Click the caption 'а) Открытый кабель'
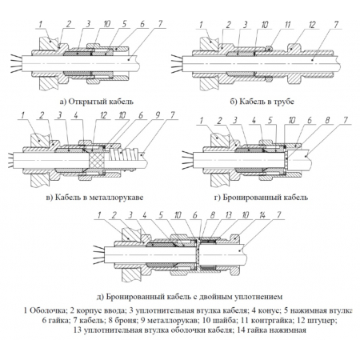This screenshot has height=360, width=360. coord(97,102)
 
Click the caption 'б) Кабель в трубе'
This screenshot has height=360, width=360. coord(262,102)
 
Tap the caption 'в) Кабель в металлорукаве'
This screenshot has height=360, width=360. coord(94,198)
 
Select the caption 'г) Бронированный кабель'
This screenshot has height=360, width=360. coord(262,198)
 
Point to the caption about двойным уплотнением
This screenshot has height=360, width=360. coord(190,297)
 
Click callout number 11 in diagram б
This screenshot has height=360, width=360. coord(287,25)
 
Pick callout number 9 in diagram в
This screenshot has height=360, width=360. coord(158,115)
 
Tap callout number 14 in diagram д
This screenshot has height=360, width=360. coord(262,215)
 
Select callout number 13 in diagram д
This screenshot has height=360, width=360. coord(229,215)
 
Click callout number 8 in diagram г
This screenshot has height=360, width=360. coord(327,120)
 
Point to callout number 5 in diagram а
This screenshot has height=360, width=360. coord(124,24)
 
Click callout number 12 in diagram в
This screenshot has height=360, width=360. coord(103,115)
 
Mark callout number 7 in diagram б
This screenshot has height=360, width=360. coord(336,25)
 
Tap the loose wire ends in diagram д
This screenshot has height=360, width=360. coord(98,254)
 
